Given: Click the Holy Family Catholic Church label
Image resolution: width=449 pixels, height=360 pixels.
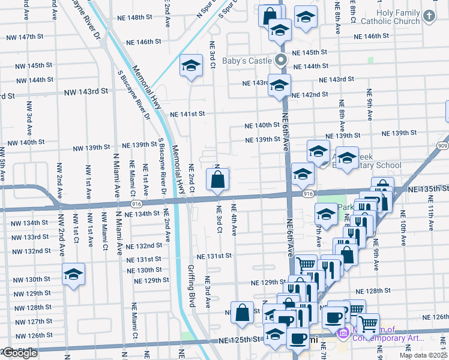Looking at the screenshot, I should (398, 17).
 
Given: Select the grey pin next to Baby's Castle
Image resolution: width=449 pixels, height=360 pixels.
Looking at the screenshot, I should (280, 60).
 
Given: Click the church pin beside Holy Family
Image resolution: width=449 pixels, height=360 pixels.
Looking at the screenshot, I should (429, 17).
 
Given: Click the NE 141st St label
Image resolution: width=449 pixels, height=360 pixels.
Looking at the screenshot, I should (188, 114).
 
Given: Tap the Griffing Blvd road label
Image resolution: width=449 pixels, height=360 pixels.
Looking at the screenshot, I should (192, 287).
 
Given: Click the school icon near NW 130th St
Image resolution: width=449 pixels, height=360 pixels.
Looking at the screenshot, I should (74, 274).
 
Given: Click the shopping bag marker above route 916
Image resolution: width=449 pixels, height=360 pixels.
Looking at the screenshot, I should (217, 178).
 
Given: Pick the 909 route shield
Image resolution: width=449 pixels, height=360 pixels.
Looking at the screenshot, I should (443, 145).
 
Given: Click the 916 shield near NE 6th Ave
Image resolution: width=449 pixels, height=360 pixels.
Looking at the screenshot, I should (309, 194).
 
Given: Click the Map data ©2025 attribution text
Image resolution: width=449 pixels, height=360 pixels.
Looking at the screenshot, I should (423, 355).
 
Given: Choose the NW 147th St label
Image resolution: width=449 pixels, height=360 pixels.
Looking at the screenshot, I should (26, 37).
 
